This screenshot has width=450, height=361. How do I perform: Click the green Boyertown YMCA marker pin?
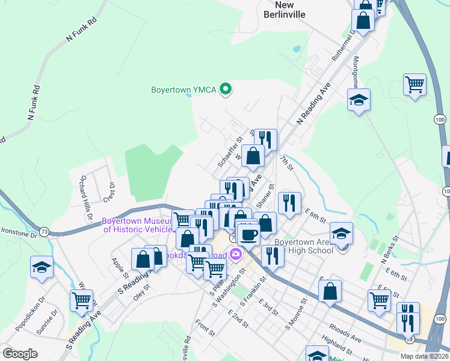(226, 90)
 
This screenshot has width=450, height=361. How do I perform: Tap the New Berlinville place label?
(285, 9)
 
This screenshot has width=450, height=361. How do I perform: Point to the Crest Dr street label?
(110, 192)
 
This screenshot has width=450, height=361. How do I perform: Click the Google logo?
(20, 354)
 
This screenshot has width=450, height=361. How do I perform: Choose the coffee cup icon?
(248, 234)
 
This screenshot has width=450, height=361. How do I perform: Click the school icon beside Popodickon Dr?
(42, 268)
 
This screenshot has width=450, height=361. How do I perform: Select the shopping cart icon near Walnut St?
(81, 299)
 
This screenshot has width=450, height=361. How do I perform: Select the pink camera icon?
(235, 255)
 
